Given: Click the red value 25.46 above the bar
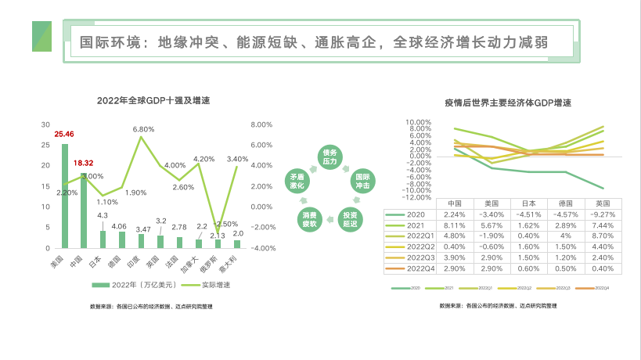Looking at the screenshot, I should pos(64,135).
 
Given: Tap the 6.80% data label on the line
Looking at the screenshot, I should pos(144,128).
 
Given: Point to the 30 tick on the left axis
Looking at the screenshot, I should pos(45,124).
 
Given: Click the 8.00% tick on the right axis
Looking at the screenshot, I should pos(261,124).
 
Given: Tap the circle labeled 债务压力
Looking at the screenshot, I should pos(330,156).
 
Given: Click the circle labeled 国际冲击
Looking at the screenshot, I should pos(361,182).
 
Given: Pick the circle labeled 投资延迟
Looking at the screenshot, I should pos(349,218).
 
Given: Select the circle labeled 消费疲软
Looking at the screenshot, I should pos(309,218).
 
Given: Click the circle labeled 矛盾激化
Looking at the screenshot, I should pos(297,182).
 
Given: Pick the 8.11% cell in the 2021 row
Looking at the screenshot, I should pos(453,224).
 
